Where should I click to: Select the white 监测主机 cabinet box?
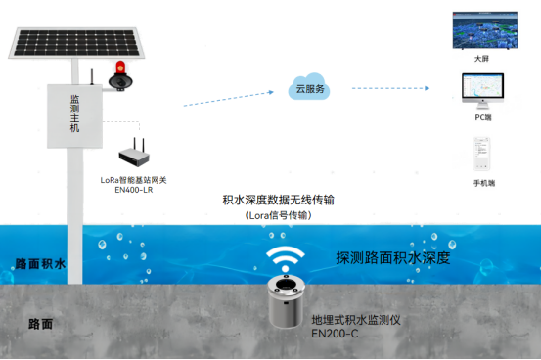pos(74,116)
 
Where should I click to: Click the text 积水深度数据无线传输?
pos(279,200)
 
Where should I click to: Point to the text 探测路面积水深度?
pos(392,258)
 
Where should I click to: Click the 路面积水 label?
pos(40,264)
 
